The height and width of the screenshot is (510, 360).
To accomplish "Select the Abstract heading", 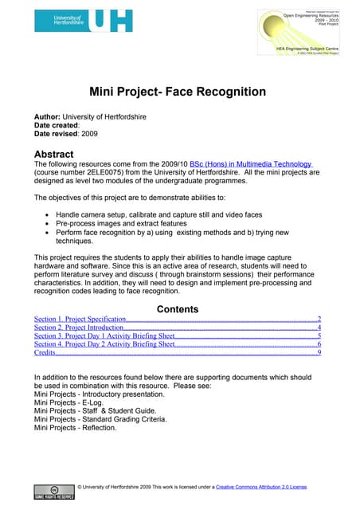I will pos(54,154).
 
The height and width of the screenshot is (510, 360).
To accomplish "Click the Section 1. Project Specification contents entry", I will pos(80,319).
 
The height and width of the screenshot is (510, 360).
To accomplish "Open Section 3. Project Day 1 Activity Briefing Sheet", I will pos(104,336).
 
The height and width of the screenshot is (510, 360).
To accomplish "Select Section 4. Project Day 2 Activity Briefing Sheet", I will pos(104,344).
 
